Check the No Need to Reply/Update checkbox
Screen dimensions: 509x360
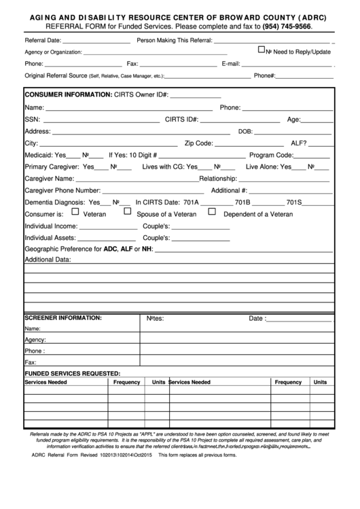click(262, 50)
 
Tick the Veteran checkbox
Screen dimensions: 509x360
click(75, 212)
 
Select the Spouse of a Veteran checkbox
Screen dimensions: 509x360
click(126, 212)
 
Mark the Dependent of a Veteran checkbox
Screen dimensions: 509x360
click(212, 212)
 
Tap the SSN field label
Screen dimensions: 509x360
click(33, 120)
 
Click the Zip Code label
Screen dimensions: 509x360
click(199, 143)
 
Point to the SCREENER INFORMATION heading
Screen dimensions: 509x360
click(63, 317)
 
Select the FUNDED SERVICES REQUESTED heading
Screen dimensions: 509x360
click(73, 373)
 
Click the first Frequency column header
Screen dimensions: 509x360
click(126, 382)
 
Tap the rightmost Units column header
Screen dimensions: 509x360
click(319, 382)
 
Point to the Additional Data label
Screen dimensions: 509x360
click(48, 260)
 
